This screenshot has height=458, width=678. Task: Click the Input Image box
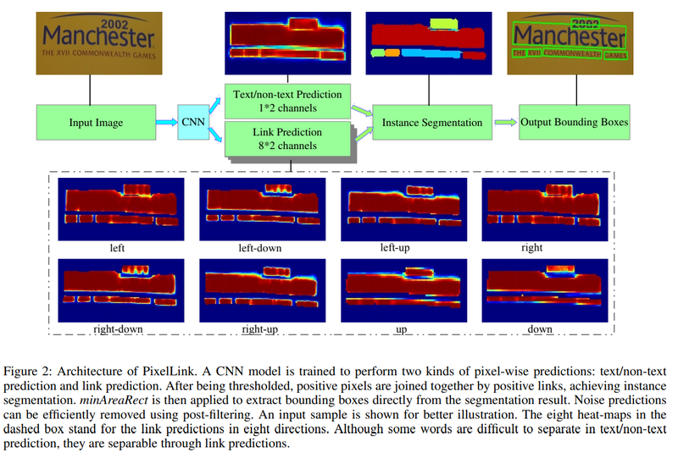[96, 122]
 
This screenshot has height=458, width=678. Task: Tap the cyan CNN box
[193, 122]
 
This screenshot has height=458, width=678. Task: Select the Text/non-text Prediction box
[287, 101]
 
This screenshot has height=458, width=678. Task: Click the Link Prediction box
[287, 139]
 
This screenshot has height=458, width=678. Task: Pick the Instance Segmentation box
[432, 122]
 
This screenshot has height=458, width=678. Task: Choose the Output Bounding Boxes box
[575, 122]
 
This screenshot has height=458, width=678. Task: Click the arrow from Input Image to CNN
[167, 122]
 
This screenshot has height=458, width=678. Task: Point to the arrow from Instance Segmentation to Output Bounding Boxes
[505, 122]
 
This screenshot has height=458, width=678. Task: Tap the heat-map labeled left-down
[263, 209]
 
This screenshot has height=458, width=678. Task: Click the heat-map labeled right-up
[263, 290]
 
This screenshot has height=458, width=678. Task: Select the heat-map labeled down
[545, 290]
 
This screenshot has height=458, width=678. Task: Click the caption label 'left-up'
[395, 247]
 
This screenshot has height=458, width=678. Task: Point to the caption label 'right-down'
[118, 329]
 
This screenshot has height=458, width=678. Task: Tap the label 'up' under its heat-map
[401, 330]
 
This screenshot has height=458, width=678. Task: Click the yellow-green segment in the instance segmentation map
[444, 24]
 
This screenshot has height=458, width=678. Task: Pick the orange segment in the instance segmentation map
[392, 52]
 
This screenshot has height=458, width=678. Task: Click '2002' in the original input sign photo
[114, 25]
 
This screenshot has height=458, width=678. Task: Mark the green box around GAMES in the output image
[615, 55]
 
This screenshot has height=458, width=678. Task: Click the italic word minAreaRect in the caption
[114, 400]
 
